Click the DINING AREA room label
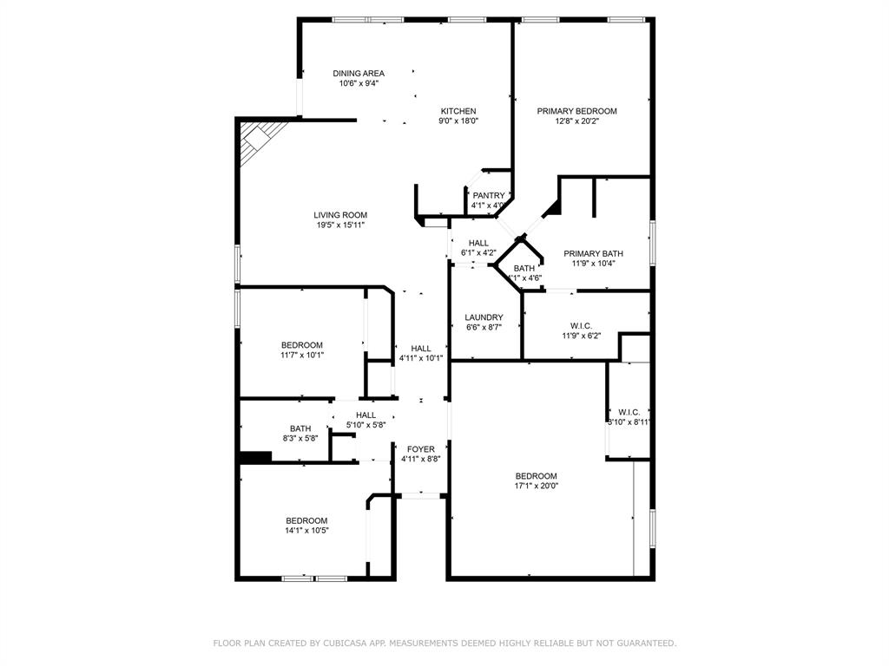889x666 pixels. click(x=359, y=74)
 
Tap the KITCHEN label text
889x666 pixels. click(x=458, y=111)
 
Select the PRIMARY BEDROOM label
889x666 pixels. click(x=576, y=111)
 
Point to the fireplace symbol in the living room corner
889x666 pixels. click(x=258, y=139)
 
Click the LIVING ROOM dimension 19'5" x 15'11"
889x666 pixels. click(x=340, y=225)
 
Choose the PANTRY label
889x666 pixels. click(x=489, y=196)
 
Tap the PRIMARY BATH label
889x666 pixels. click(x=593, y=254)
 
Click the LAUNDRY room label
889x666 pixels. click(x=484, y=317)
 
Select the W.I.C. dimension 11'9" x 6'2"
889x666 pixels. click(x=581, y=336)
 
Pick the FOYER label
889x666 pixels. click(x=421, y=449)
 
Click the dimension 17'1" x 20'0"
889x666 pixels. click(x=536, y=486)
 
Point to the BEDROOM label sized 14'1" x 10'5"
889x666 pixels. click(x=306, y=520)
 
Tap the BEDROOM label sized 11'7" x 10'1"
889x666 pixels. click(x=301, y=345)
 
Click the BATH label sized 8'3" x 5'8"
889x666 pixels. click(x=300, y=428)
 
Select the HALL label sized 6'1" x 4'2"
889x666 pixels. click(x=478, y=244)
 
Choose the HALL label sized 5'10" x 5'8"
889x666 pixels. click(x=365, y=415)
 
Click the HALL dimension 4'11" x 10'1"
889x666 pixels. click(x=421, y=358)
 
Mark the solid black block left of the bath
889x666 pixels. click(x=255, y=457)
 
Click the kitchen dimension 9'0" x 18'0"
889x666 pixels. click(x=458, y=121)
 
